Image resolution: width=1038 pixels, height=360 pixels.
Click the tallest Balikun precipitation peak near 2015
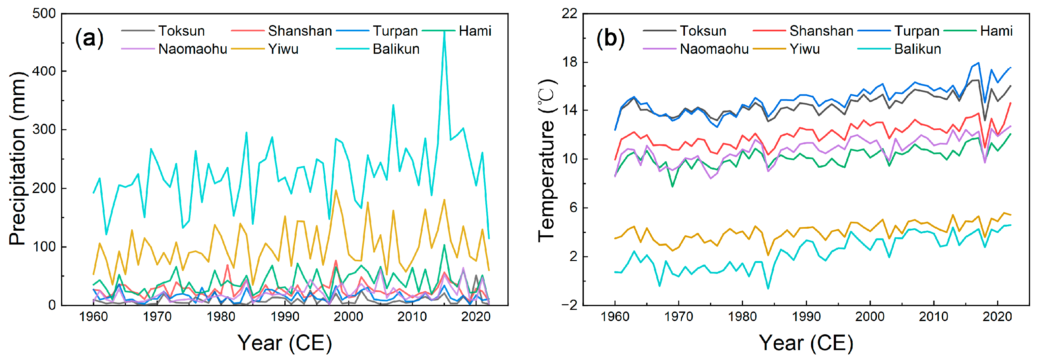444,31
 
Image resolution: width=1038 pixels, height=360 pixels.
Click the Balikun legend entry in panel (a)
395,49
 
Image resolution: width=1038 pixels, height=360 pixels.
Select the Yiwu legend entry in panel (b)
804,49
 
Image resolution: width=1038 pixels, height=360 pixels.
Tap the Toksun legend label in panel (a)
181,31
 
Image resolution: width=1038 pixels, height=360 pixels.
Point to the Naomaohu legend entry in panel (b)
714,49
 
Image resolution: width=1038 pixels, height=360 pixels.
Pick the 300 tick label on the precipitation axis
44,129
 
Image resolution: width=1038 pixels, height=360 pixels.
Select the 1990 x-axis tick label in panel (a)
284,316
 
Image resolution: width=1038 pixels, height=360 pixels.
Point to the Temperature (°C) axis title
547,160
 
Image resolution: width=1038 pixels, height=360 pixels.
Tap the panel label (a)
89,38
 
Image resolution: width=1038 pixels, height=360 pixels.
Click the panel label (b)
610,38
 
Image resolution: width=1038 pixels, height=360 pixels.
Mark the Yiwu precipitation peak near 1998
336,190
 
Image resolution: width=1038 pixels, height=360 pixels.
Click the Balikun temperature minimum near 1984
768,289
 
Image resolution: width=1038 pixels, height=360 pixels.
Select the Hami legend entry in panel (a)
475,31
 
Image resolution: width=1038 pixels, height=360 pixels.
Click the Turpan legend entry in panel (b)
917,31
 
